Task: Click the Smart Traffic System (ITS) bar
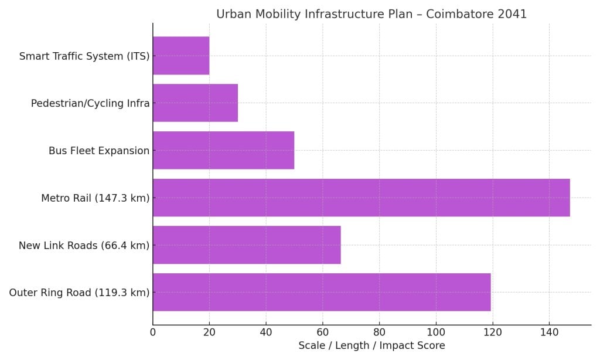click(181, 56)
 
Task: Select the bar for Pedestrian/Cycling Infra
click(195, 103)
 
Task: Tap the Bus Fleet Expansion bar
click(223, 151)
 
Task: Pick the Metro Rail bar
click(361, 198)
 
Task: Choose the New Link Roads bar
click(247, 245)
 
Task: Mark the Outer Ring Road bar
click(322, 292)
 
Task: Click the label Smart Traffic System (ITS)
click(84, 56)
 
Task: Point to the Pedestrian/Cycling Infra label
click(90, 104)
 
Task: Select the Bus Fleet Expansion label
click(99, 151)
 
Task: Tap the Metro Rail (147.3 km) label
click(96, 198)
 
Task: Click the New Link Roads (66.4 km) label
click(84, 245)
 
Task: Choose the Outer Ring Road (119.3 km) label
click(79, 293)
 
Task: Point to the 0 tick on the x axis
click(153, 332)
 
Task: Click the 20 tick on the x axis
click(209, 332)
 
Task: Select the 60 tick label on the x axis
click(322, 332)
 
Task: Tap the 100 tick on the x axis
click(436, 332)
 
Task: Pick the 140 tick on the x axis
click(549, 332)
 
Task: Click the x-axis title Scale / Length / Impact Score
click(371, 346)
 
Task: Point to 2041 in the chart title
click(513, 14)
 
